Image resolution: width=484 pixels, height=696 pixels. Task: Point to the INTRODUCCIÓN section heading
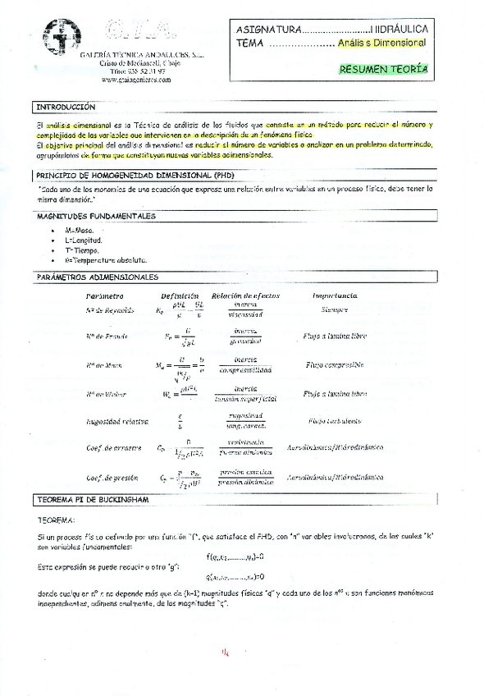tap(66, 108)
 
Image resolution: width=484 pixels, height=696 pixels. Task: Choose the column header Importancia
tap(334, 295)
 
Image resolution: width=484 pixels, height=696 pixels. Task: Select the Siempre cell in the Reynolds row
tap(334, 310)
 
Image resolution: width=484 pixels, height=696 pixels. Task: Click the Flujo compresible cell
tap(334, 364)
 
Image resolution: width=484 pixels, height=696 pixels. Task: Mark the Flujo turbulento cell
tap(334, 421)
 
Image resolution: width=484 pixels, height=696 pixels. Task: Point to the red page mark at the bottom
tap(225, 653)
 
